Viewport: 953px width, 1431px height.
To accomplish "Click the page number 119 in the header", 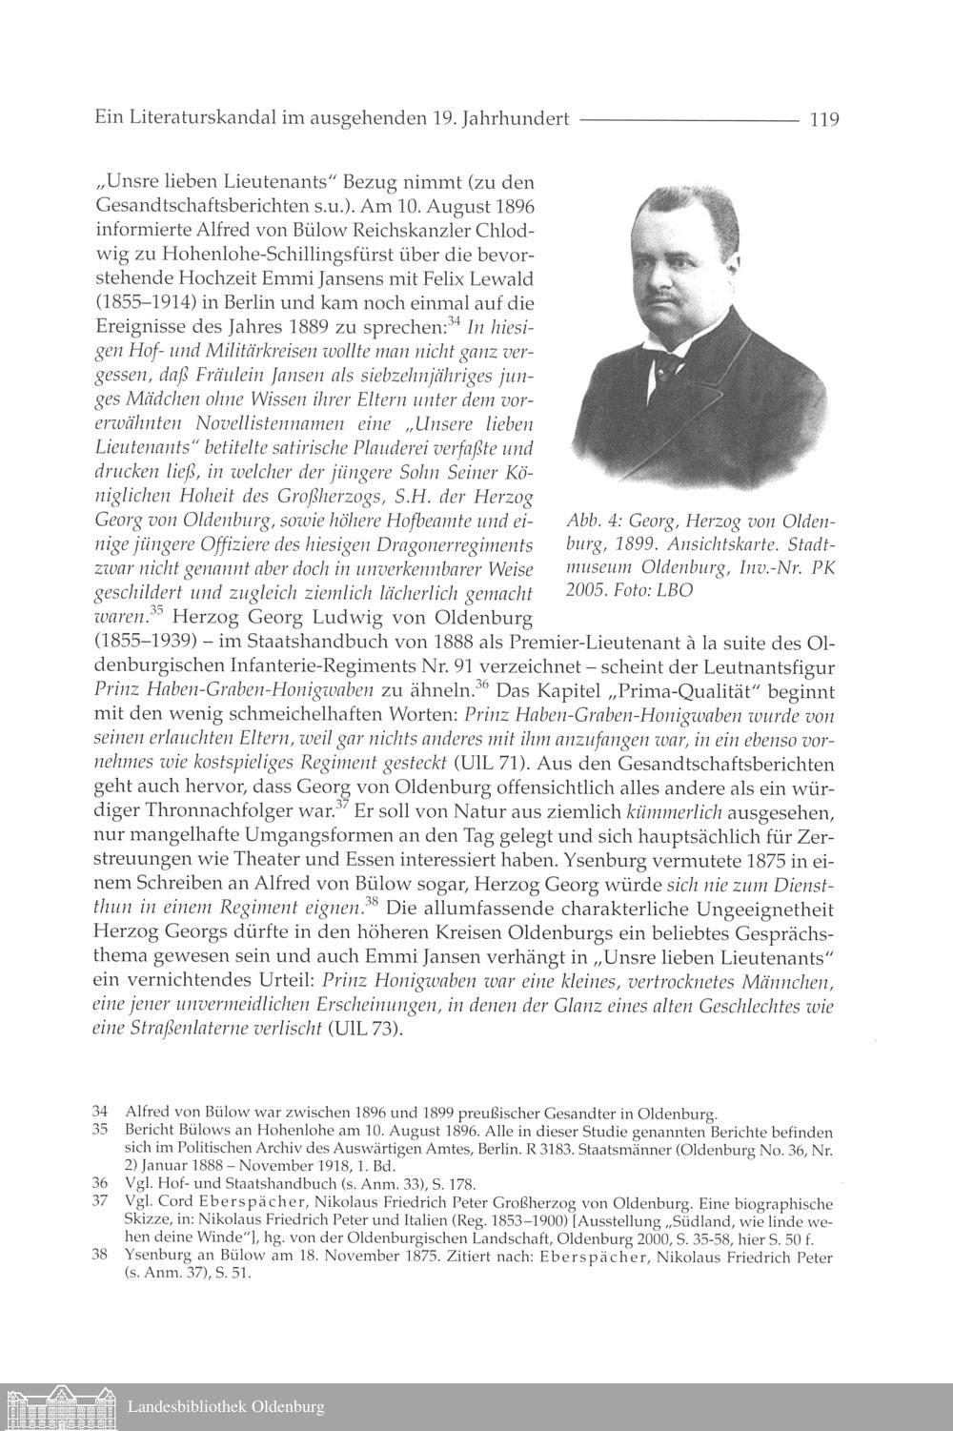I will point(822,120).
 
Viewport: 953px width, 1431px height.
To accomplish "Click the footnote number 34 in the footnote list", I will point(99,1112).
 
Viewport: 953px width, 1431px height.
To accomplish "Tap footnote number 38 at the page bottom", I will point(99,1257).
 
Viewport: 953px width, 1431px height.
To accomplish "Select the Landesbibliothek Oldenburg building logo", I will point(60,1407).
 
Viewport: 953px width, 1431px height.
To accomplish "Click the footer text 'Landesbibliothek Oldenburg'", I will point(226,1407).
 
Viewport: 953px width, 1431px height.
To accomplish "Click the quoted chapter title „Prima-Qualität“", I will point(638,689).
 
